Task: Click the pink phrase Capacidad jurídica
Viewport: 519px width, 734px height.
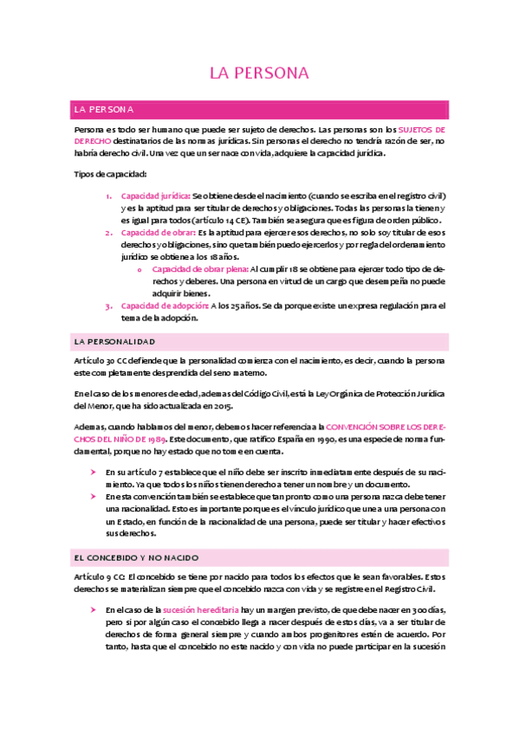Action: coord(155,196)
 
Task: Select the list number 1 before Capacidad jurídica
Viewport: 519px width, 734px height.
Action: coord(108,196)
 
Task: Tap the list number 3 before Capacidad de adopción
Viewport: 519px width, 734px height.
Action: coord(108,306)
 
